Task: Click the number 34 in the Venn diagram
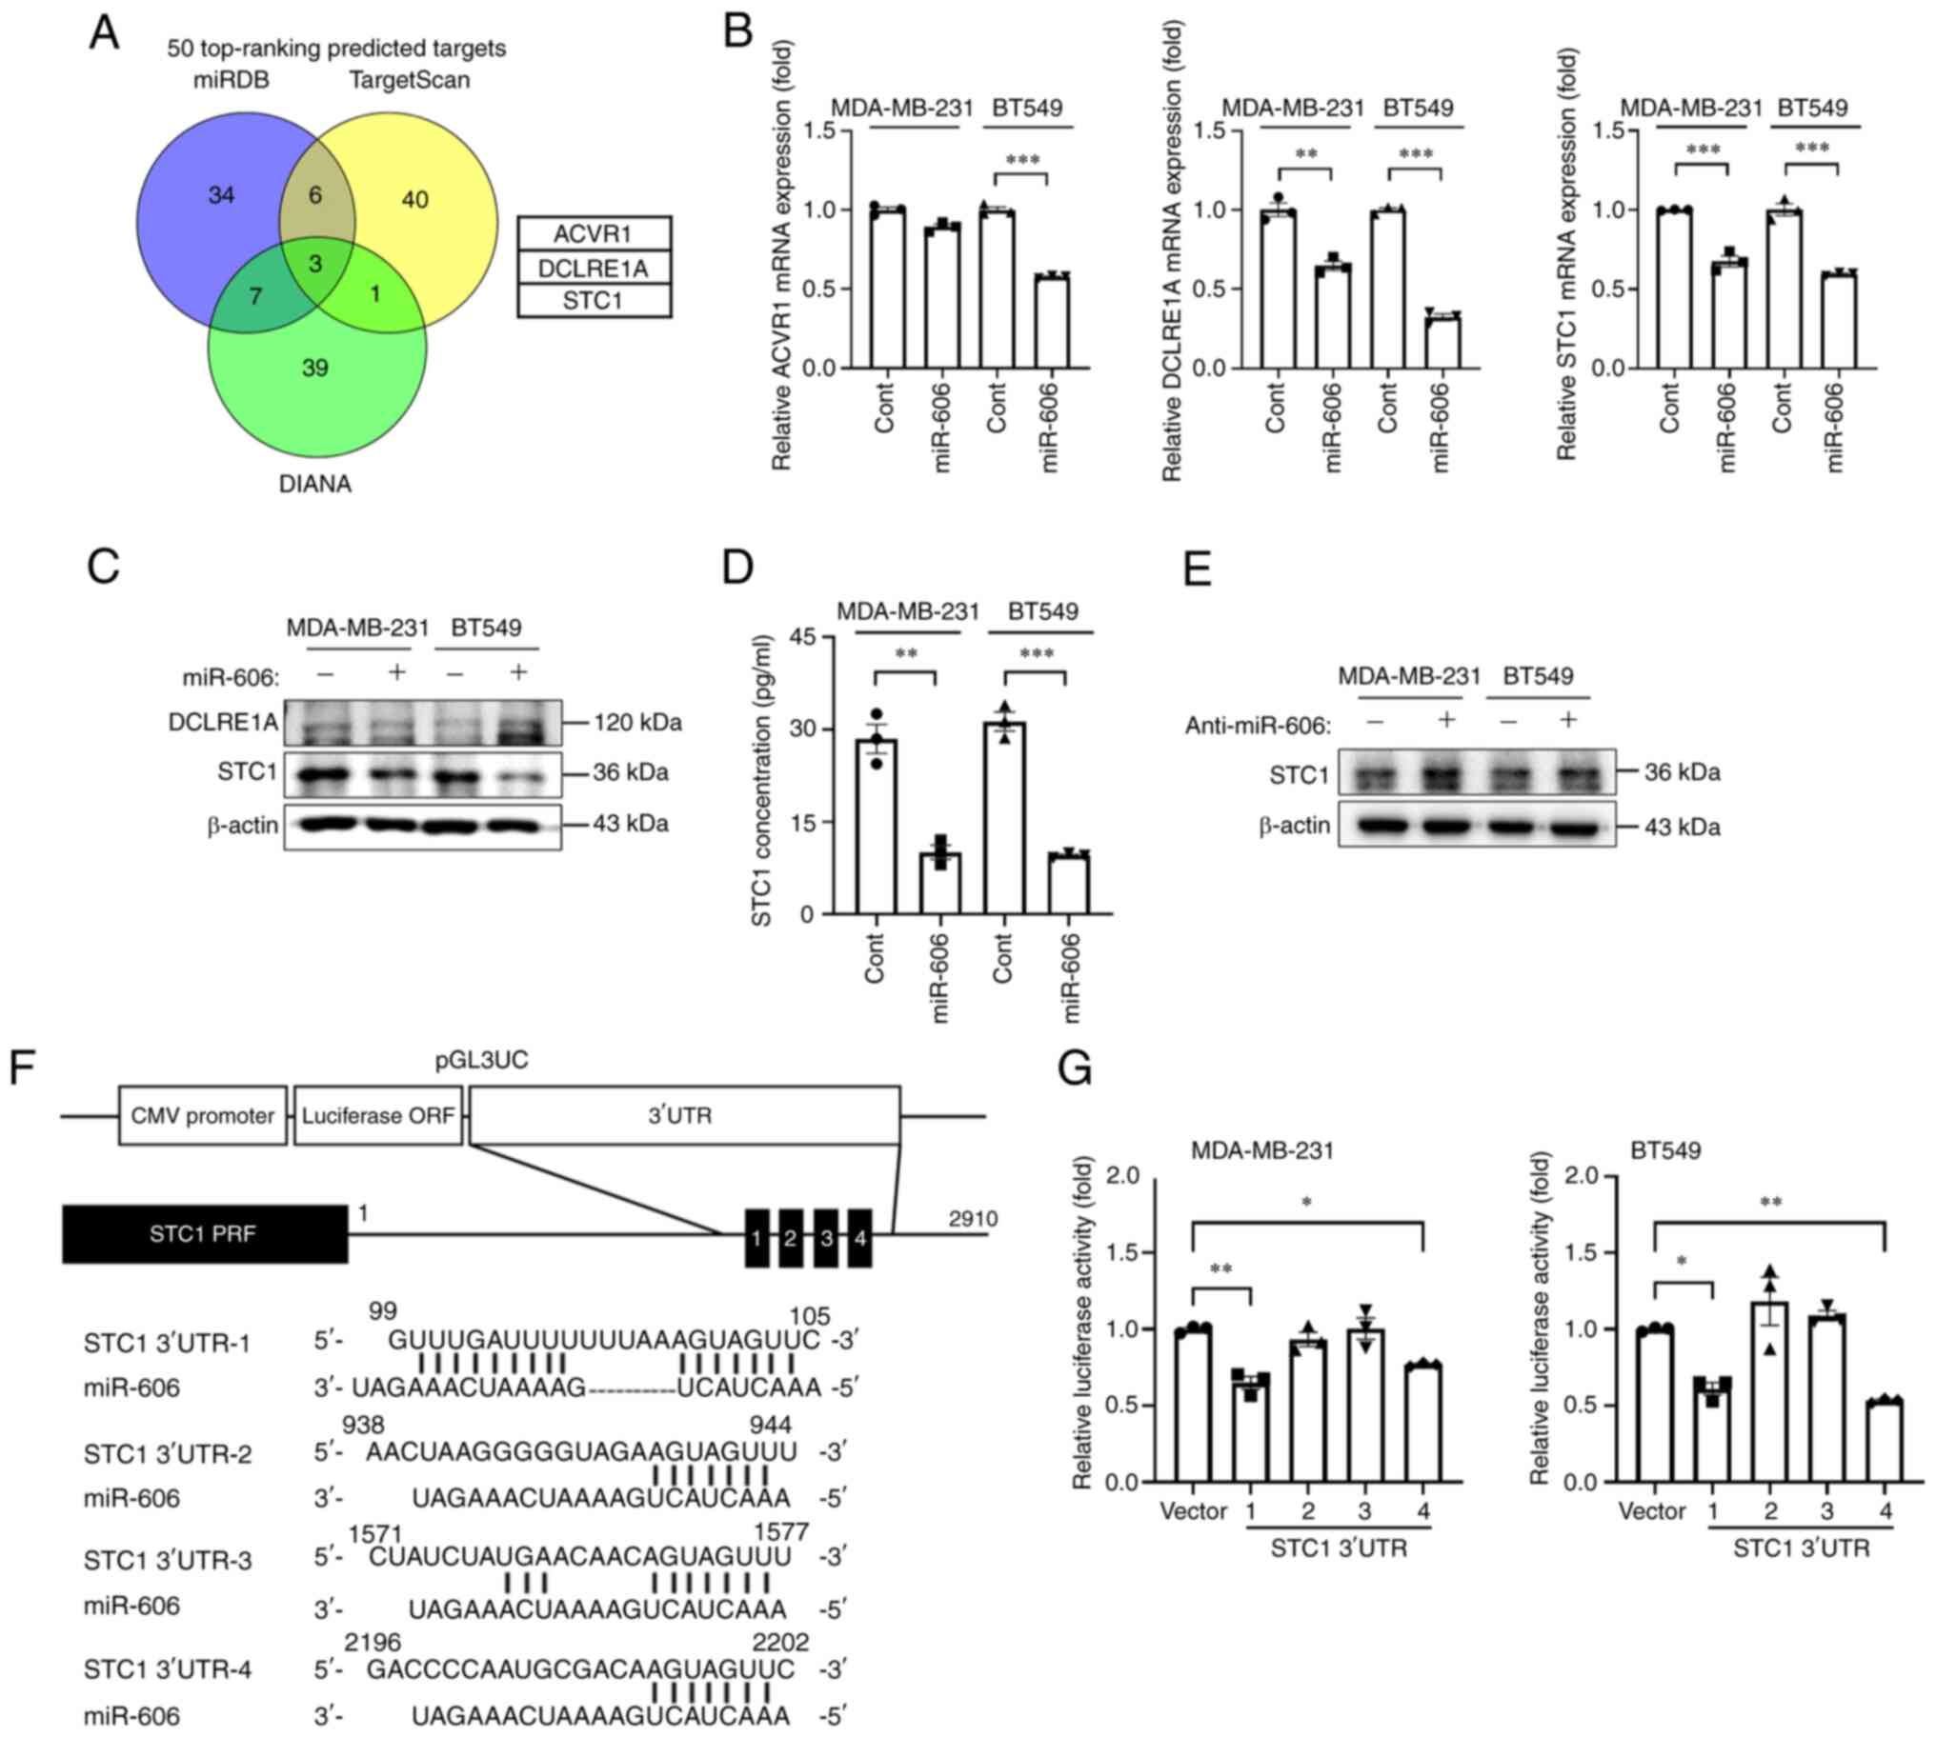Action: point(221,195)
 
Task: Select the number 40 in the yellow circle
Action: point(414,200)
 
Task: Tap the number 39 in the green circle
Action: point(315,368)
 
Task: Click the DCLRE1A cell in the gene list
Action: point(593,269)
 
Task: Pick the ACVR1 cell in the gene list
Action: point(593,234)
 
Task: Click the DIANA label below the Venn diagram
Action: point(315,484)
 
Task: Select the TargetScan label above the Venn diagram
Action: point(410,80)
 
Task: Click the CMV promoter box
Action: point(202,1116)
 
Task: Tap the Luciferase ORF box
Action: point(378,1116)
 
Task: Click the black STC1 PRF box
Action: point(204,1234)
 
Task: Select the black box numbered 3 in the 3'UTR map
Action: point(827,1238)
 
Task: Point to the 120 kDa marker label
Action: point(636,723)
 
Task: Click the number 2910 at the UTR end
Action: point(973,1219)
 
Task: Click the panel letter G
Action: point(1076,1068)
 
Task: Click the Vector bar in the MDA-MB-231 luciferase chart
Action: point(1193,1404)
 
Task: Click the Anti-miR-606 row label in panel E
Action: point(1258,727)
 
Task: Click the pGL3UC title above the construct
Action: point(481,1060)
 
